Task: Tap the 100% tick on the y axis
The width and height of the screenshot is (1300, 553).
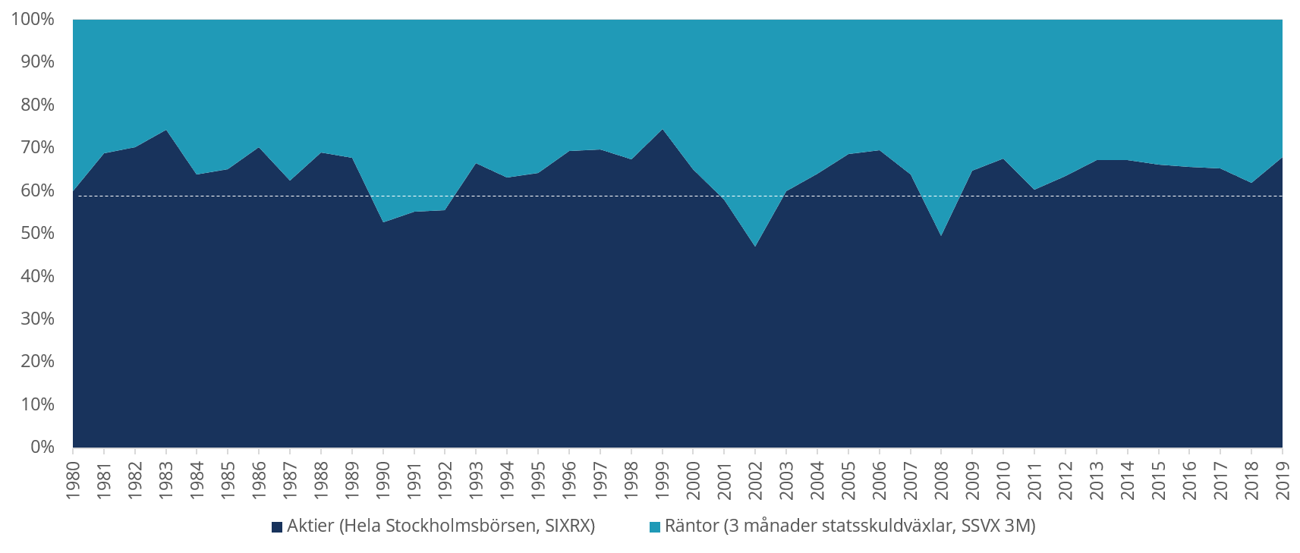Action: pos(33,19)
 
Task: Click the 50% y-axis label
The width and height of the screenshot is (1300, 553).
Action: pos(36,233)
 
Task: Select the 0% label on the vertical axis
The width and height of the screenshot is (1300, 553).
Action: pos(42,448)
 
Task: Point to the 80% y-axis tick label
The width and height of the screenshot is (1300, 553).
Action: pos(36,105)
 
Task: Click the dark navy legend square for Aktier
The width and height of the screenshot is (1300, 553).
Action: pos(278,526)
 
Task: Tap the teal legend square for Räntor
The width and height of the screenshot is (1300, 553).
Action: pos(656,526)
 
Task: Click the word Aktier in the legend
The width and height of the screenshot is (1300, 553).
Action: pos(310,526)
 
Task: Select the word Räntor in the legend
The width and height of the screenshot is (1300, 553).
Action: pos(691,526)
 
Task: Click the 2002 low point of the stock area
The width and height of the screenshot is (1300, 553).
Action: pos(755,247)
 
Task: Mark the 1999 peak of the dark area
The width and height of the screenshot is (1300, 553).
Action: pos(663,130)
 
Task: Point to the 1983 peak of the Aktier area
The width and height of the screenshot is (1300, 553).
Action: pos(166,130)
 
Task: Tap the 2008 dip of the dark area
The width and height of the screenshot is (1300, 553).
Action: pos(941,236)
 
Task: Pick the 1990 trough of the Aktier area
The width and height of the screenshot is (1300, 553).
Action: pos(383,222)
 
